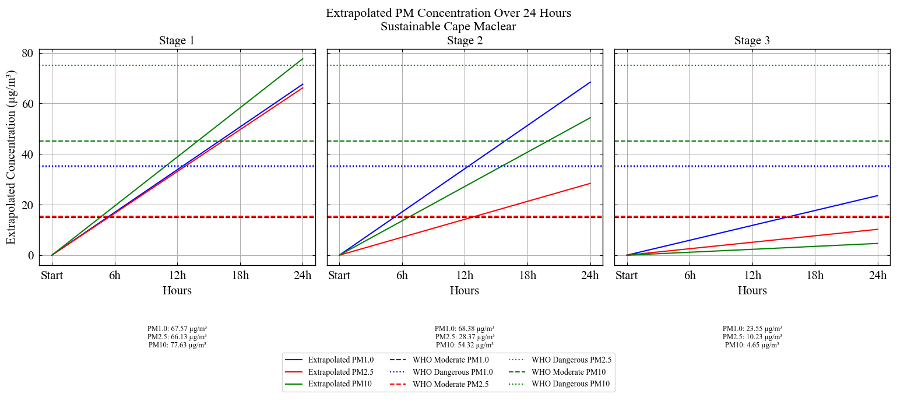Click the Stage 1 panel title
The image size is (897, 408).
[x=177, y=41]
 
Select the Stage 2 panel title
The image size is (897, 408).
[x=465, y=41]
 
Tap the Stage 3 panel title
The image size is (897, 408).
[x=752, y=41]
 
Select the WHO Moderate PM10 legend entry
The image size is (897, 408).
[x=568, y=372]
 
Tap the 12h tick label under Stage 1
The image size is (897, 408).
[x=177, y=276]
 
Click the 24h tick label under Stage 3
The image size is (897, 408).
[x=878, y=276]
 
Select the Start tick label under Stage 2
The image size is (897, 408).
[x=339, y=276]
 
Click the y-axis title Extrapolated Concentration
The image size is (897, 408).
[x=11, y=157]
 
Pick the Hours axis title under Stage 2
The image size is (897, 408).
[x=465, y=290]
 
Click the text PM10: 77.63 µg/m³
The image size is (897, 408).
[x=177, y=345]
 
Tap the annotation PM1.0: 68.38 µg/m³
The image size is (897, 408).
[x=465, y=329]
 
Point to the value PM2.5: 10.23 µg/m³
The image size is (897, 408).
[x=752, y=337]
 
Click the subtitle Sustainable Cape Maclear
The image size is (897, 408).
[x=448, y=26]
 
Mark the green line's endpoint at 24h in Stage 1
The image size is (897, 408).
[x=302, y=59]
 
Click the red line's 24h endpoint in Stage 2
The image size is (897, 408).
[x=590, y=184]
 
